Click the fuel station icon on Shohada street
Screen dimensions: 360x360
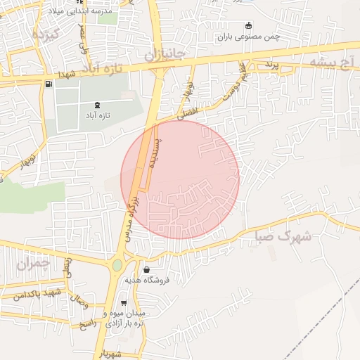(x=48, y=84)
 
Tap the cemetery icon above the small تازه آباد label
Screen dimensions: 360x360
(x=96, y=105)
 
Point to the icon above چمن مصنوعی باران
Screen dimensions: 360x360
(x=248, y=26)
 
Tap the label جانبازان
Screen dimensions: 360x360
(x=165, y=53)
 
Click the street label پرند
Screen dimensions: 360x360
(x=272, y=65)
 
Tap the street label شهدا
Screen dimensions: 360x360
(x=67, y=74)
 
